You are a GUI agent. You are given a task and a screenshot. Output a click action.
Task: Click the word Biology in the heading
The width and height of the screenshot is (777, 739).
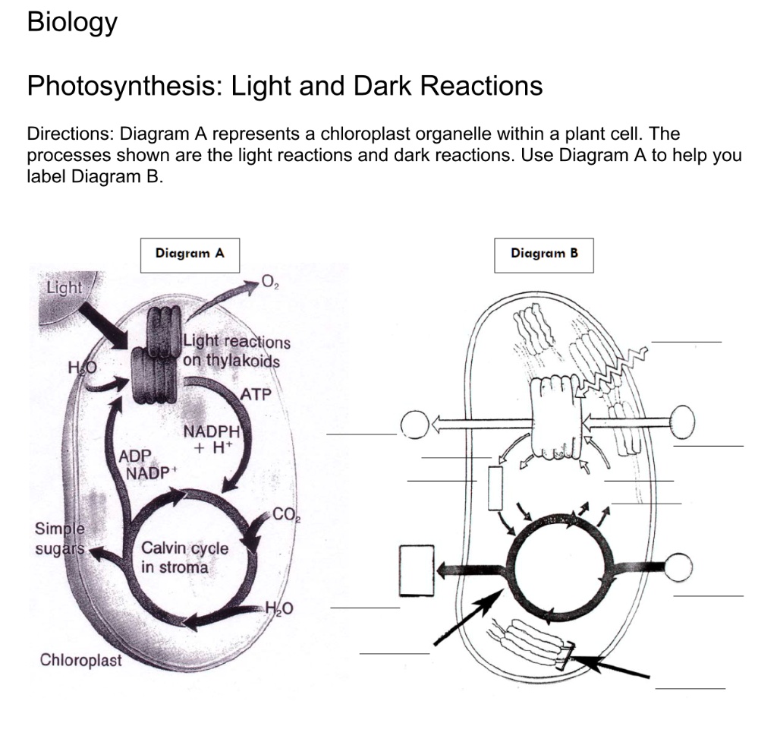pos(72,23)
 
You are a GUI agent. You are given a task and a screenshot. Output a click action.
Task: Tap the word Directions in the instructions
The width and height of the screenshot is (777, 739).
pos(69,134)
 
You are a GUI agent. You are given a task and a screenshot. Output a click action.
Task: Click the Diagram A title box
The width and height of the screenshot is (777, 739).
pos(190,254)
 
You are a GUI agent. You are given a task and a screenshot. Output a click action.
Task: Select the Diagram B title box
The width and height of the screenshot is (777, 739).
pos(544,254)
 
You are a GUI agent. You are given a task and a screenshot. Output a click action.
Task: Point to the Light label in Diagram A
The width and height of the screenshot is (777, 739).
pos(64,288)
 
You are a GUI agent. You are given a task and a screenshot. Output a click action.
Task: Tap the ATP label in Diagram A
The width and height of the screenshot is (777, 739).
pos(256,394)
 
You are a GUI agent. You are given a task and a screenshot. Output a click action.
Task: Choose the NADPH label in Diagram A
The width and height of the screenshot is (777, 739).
pos(212,432)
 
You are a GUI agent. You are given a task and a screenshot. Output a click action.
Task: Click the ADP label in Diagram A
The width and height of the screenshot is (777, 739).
pos(137,456)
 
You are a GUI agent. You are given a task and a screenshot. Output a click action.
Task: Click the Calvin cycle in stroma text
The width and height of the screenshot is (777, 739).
pos(184,557)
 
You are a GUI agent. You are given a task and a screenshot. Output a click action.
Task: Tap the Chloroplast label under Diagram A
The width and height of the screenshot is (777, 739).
pos(80,660)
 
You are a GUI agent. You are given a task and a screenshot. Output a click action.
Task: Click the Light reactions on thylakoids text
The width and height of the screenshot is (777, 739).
pos(236,352)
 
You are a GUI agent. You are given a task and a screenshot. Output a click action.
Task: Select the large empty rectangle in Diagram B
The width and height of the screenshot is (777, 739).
pos(417,570)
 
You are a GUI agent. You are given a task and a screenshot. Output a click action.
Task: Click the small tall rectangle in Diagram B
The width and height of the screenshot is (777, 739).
pos(496,488)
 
